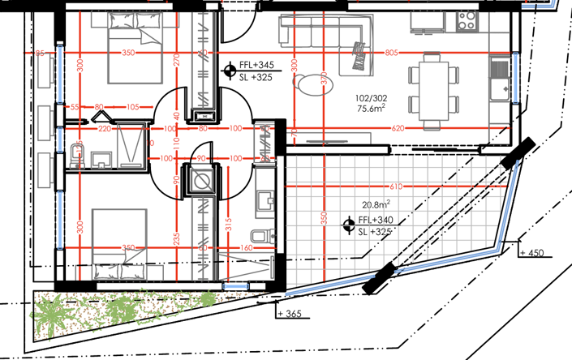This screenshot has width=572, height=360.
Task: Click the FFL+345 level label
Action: [257, 65]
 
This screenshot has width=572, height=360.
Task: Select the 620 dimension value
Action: [397, 129]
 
